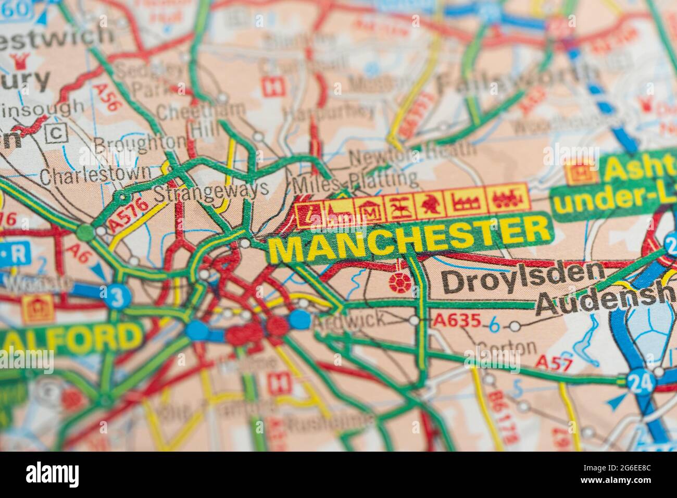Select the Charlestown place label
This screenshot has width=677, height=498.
coord(96,175)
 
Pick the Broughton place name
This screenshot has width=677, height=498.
coord(140,143)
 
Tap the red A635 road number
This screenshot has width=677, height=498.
coord(457,320)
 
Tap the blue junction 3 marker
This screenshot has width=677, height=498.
coord(117,297)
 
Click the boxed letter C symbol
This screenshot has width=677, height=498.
coord(56,133)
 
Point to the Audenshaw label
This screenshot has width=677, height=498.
coord(604,301)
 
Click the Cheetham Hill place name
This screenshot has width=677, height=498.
coord(200,117)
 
